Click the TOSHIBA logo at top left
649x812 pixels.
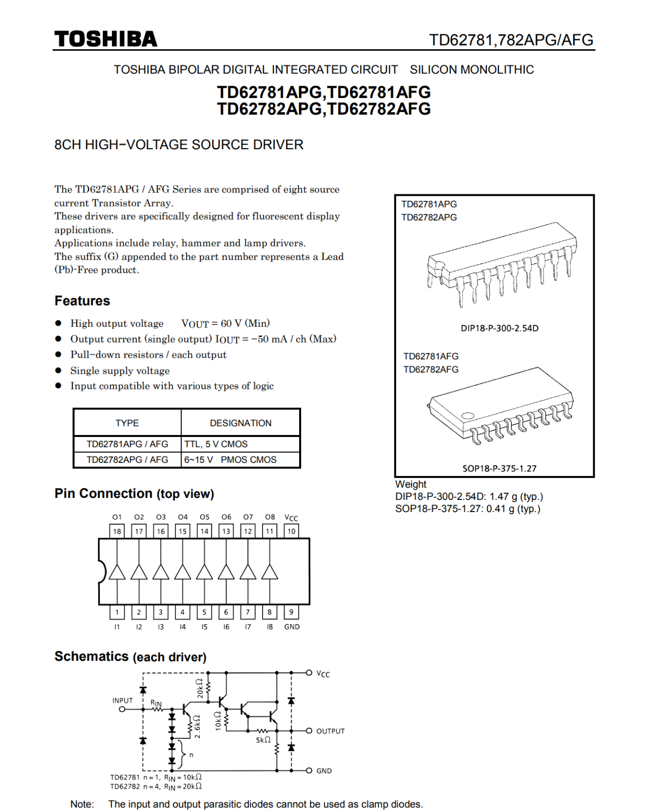(106, 39)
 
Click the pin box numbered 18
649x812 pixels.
(117, 531)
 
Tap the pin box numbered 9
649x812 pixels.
(291, 612)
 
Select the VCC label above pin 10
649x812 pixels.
(292, 518)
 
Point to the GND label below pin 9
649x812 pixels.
(292, 627)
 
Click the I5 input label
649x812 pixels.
(204, 627)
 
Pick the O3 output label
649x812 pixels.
(161, 517)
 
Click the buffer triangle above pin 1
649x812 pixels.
(117, 572)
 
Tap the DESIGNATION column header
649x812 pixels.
(240, 423)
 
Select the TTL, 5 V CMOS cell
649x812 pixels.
(216, 444)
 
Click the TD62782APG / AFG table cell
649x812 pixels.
(127, 460)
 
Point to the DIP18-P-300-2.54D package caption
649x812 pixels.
(499, 328)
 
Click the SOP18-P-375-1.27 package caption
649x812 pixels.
(499, 468)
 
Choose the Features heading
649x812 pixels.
(82, 301)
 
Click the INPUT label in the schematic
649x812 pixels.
(123, 700)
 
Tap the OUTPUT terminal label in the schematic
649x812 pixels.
(331, 731)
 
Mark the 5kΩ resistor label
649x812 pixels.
(264, 740)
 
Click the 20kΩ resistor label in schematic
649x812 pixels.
(200, 688)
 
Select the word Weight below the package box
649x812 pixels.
(411, 484)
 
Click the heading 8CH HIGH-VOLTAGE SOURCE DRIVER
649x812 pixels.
(179, 145)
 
